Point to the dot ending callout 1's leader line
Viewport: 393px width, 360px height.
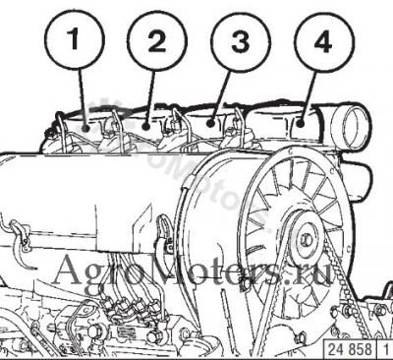pyautogui.click(x=85, y=128)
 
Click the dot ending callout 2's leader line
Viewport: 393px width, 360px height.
pyautogui.click(x=146, y=126)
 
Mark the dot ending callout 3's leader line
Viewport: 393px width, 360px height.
pyautogui.click(x=210, y=124)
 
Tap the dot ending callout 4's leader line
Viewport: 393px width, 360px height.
pyautogui.click(x=301, y=124)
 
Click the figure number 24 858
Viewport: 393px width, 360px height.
pyautogui.click(x=350, y=349)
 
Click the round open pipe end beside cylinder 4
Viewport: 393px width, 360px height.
pyautogui.click(x=353, y=126)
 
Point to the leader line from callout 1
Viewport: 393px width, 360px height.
pyautogui.click(x=82, y=97)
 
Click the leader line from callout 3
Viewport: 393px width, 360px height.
pyautogui.click(x=219, y=97)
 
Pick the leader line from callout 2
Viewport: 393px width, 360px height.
pyautogui.click(x=150, y=97)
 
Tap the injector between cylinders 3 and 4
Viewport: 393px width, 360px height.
pyautogui.click(x=238, y=131)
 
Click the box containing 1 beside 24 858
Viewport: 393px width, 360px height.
pyautogui.click(x=385, y=349)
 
